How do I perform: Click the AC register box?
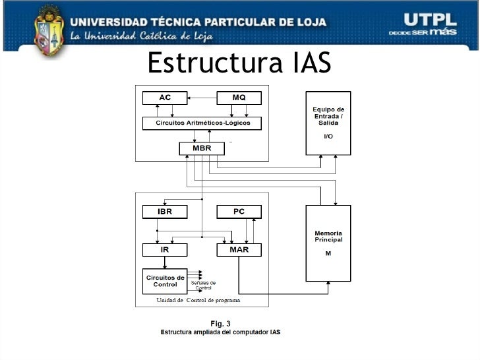coord(165,98)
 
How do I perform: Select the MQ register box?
coord(239,98)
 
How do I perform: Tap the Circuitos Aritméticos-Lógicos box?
coord(201,123)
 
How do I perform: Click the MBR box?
coord(202,148)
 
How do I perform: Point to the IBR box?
coord(165,212)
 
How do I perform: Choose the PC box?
coord(239,212)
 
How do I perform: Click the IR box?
coord(165,250)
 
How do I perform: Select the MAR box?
coord(239,250)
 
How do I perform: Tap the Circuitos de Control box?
coord(165,281)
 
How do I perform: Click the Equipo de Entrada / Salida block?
coord(328,123)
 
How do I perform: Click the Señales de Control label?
coord(203,285)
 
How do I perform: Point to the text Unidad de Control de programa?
coord(198,300)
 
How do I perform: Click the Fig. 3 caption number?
coord(220,323)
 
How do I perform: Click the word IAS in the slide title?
coord(309,64)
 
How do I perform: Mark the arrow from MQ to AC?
coord(202,98)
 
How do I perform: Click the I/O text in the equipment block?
coord(328,136)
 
